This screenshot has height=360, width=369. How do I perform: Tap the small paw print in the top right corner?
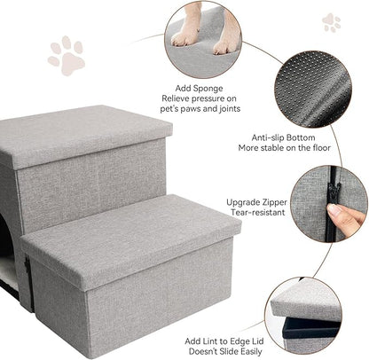tap(332, 22)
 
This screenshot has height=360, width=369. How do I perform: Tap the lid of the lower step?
tap(130, 239)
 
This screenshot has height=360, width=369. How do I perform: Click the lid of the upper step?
tap(85, 133)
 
